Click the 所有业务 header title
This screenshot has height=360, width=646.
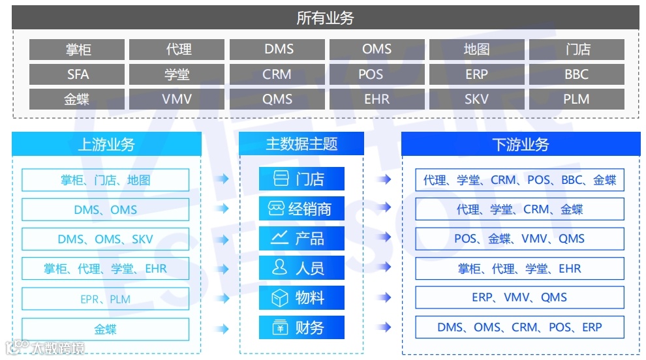pos(325,18)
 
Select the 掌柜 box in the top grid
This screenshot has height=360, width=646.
pos(77,50)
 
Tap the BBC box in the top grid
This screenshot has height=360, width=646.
pos(576,74)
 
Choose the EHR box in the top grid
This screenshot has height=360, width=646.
pos(377,99)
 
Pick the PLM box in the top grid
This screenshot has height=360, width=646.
pos(576,99)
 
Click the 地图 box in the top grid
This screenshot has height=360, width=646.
pos(476,50)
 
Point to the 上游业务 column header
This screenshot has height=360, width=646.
pos(106,144)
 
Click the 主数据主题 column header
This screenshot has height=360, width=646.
pos(301,144)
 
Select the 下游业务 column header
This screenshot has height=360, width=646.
pos(520,144)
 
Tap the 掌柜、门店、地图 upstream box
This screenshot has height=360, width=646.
pos(105,180)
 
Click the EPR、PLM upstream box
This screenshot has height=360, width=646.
pos(105,299)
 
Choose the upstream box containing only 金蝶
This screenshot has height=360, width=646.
pos(105,329)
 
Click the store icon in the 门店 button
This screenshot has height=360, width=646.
pos(281,179)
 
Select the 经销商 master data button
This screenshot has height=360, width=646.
pos(301,209)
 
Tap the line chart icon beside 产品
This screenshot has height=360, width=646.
pos(280,238)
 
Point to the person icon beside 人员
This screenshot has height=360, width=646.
pos(280,267)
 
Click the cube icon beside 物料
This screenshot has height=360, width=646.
pos(280,298)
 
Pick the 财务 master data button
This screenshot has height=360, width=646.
pos(301,327)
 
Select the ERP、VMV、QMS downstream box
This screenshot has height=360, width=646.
pos(519,297)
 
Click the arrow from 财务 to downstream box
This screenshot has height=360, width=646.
pos(384,327)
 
